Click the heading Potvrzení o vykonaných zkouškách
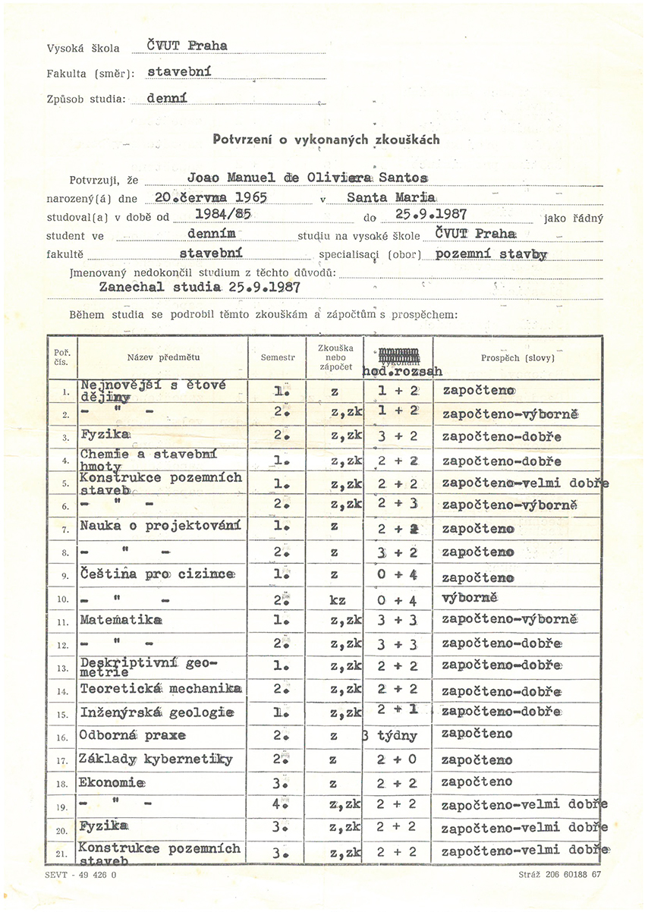click(x=326, y=140)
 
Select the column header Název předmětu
click(x=163, y=356)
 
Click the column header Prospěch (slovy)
click(x=518, y=357)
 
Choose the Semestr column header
click(x=277, y=357)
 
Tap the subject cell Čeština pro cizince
click(x=158, y=574)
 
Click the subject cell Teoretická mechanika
click(x=161, y=689)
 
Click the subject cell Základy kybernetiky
click(x=156, y=758)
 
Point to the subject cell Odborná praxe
click(x=133, y=734)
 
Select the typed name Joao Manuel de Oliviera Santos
click(x=307, y=177)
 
